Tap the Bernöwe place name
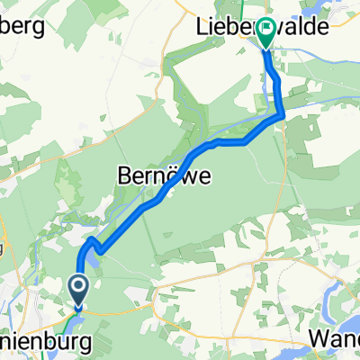click(x=166, y=177)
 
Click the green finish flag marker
click(x=267, y=34)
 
